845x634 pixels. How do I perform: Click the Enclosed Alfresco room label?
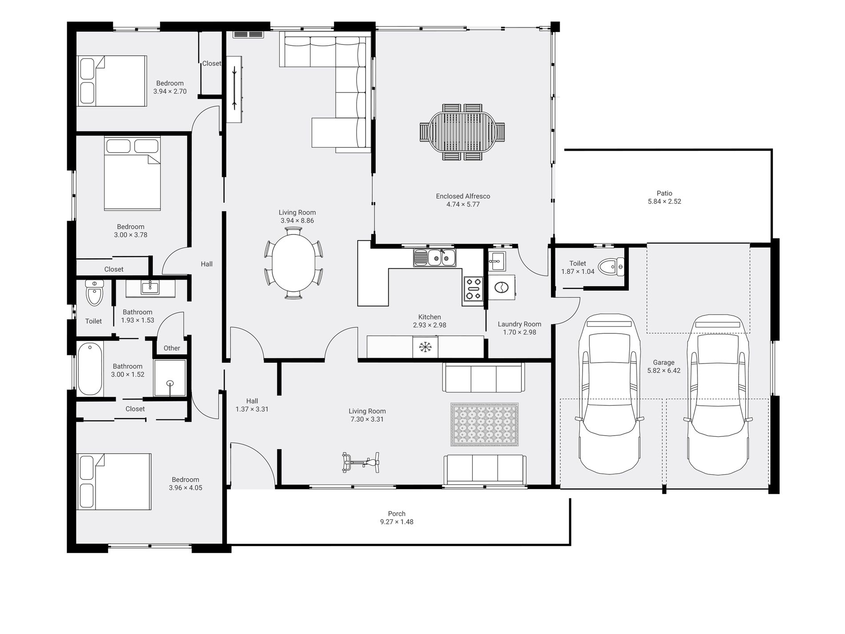[463, 196]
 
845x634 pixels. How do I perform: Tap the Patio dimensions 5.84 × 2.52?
[664, 202]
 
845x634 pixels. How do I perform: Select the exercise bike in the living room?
[361, 462]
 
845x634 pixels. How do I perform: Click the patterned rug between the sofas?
[484, 425]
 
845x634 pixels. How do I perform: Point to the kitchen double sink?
[435, 258]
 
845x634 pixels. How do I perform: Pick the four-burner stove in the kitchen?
[473, 289]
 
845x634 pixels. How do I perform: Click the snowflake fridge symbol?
[425, 347]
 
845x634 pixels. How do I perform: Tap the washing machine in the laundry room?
[502, 288]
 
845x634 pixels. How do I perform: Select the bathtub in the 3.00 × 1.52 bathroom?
[90, 369]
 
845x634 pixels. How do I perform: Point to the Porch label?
[397, 514]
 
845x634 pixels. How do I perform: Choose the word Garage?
[664, 363]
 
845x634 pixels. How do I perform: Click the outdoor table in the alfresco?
[462, 132]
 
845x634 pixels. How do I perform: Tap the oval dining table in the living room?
[294, 263]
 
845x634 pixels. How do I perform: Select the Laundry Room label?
[519, 324]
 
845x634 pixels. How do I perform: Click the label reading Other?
[172, 348]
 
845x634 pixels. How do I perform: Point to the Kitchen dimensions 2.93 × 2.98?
[430, 325]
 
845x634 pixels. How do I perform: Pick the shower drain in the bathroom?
[170, 383]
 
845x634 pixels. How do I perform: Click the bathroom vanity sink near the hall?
[150, 288]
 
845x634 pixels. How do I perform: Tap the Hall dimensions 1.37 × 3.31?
[252, 409]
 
